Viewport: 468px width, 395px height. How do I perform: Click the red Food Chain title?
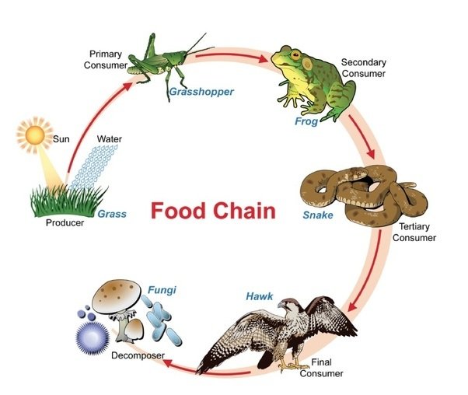[x=212, y=211]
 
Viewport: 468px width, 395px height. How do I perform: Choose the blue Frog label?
[x=306, y=122]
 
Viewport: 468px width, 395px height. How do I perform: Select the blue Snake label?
[x=318, y=211]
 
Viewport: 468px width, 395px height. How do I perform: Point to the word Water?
[x=109, y=139]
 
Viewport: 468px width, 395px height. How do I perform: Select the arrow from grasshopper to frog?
[x=238, y=55]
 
